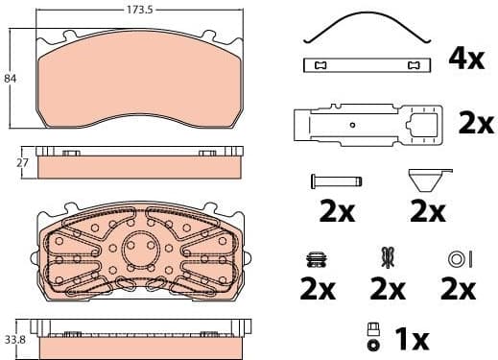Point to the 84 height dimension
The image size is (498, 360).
(11, 78)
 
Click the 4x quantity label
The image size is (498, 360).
(465, 59)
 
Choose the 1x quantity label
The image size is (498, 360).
(412, 339)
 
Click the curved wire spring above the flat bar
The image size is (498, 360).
(363, 27)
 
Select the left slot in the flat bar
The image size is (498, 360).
(320, 65)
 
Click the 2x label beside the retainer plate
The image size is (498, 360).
(475, 123)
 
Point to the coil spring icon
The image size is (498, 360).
(318, 256)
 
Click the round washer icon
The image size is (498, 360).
(458, 257)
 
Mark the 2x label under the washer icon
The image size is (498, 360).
(458, 288)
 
